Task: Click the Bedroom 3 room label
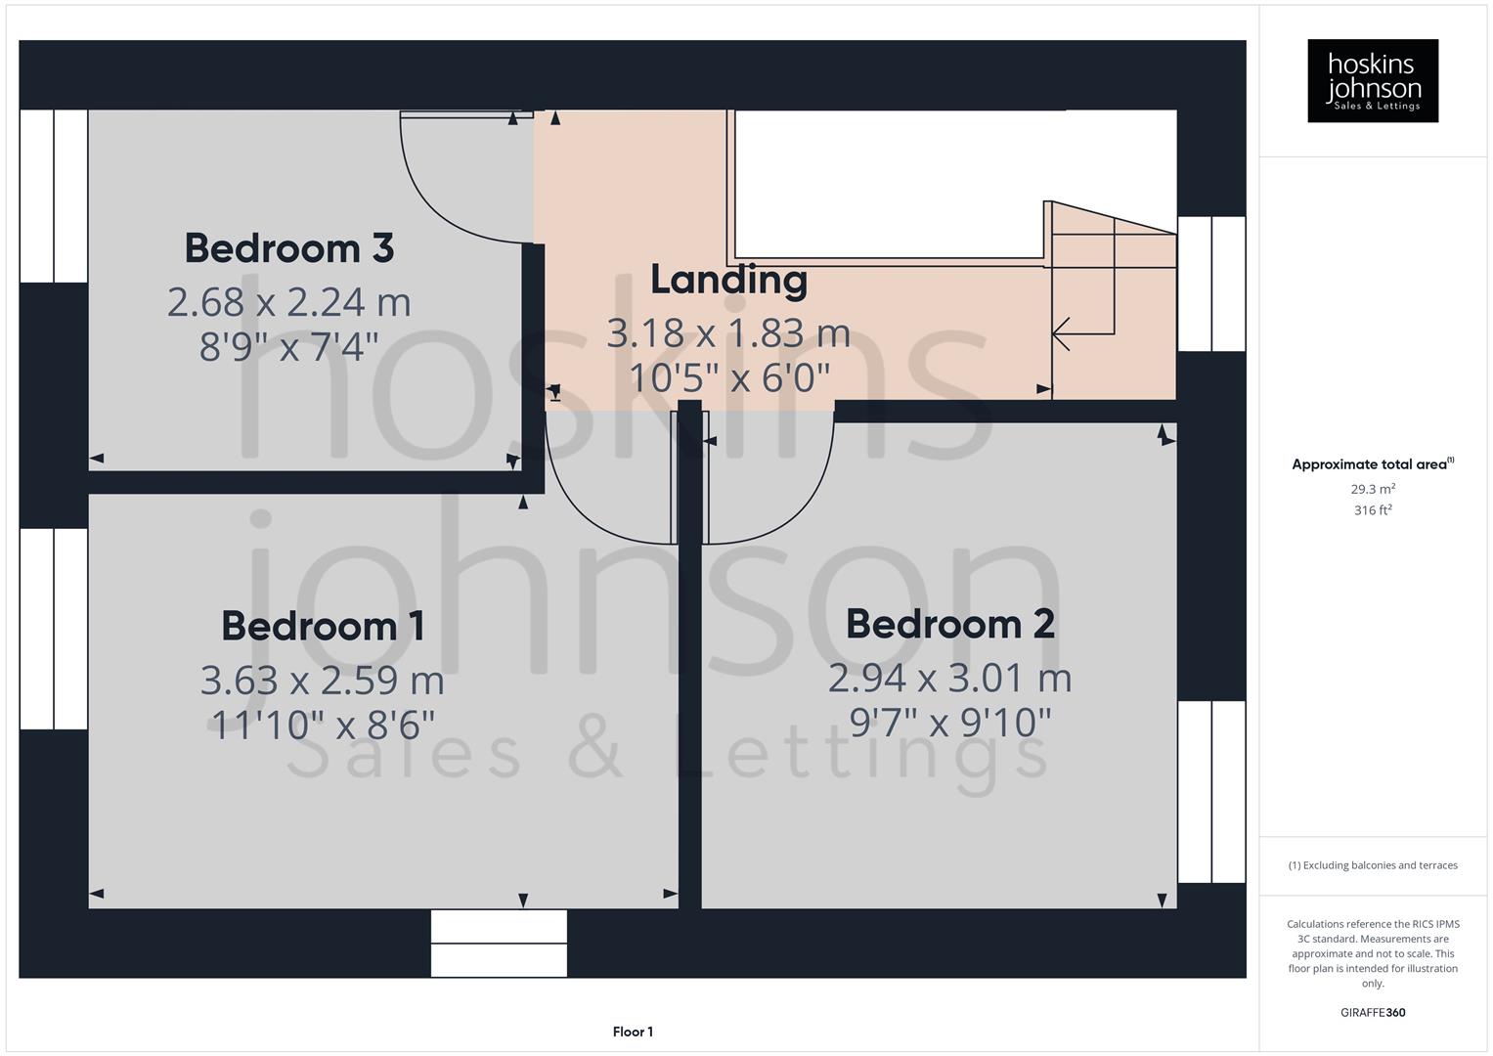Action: pyautogui.click(x=288, y=248)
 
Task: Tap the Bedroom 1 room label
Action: pyautogui.click(x=323, y=626)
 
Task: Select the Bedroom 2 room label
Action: pyautogui.click(x=949, y=624)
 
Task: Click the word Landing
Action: pyautogui.click(x=728, y=280)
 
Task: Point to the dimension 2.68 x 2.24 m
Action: pyautogui.click(x=288, y=302)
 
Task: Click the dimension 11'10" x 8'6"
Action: pyautogui.click(x=323, y=725)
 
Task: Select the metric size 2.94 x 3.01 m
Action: pyautogui.click(x=949, y=678)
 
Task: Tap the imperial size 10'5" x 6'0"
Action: pyautogui.click(x=728, y=377)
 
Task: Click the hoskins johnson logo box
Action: pyautogui.click(x=1372, y=80)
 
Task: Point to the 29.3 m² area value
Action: pyautogui.click(x=1372, y=489)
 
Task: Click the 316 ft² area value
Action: pyautogui.click(x=1372, y=510)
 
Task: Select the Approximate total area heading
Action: pyautogui.click(x=1372, y=464)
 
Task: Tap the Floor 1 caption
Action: pyautogui.click(x=633, y=1032)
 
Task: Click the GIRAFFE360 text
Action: pyautogui.click(x=1372, y=1012)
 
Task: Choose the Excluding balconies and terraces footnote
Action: pyautogui.click(x=1372, y=865)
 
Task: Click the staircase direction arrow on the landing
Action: pyautogui.click(x=1062, y=333)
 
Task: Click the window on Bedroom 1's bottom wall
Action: pyautogui.click(x=499, y=944)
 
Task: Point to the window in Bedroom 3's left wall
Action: pyautogui.click(x=54, y=196)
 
